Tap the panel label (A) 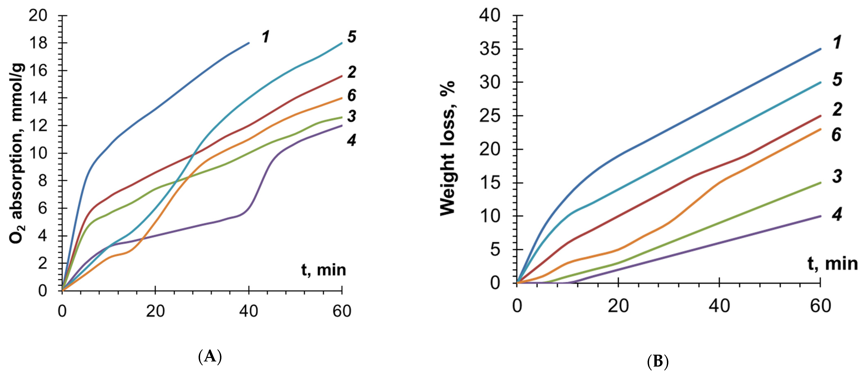click(210, 357)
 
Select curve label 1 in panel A click(266, 37)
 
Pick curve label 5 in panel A click(351, 37)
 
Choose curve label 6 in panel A click(351, 96)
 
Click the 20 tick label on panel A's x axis click(155, 311)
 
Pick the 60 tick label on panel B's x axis click(820, 306)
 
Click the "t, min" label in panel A click(323, 270)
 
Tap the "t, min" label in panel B click(832, 264)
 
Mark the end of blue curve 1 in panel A click(249, 43)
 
